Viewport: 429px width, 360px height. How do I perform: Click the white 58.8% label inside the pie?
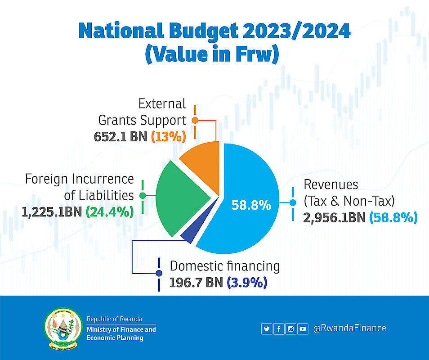coord(251,206)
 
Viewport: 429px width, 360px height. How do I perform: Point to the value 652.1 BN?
coord(121,136)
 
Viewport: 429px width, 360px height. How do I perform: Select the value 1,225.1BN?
coord(51,211)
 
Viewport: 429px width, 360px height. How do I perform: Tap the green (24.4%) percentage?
coord(110,211)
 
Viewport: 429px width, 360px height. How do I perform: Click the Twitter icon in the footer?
coord(267,329)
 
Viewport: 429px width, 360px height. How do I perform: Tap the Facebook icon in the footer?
coord(279,329)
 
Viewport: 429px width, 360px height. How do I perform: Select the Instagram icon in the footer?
coord(291,329)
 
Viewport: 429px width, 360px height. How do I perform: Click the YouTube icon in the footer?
coord(303,329)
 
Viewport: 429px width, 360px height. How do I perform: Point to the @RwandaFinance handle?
coord(349,328)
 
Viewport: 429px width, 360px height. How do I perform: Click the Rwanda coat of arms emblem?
coord(63,328)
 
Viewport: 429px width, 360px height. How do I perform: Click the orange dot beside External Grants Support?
coord(195,120)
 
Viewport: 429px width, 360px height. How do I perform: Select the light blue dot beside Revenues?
coord(293,203)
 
